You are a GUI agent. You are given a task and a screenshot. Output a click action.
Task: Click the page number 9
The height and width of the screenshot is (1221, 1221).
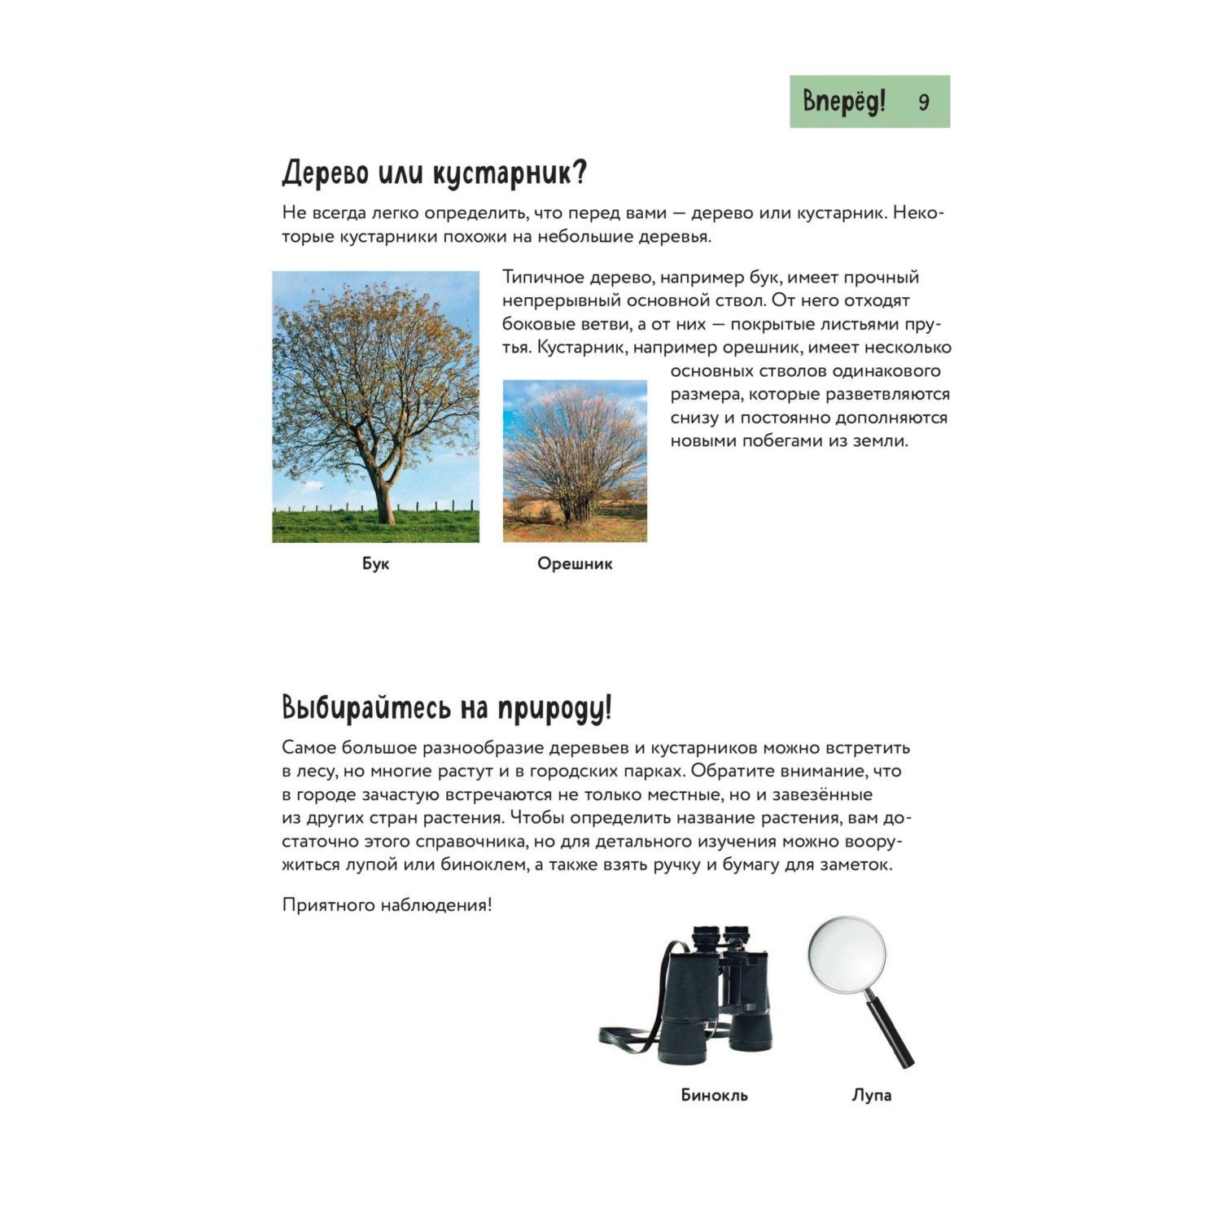[923, 102]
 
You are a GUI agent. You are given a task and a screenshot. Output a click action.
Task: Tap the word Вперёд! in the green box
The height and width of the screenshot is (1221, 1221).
[843, 101]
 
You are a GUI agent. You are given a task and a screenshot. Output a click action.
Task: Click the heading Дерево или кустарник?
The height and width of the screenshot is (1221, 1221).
[434, 173]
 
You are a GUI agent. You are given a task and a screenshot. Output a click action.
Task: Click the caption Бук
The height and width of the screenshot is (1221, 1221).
[375, 563]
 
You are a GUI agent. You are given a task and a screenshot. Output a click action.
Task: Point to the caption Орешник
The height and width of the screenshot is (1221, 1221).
[574, 563]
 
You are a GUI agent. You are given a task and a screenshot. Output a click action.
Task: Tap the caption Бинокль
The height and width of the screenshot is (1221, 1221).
[714, 1095]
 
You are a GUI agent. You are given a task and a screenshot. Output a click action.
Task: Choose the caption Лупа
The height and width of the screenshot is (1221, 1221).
[871, 1095]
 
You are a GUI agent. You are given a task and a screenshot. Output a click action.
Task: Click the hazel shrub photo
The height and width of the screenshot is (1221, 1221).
[575, 461]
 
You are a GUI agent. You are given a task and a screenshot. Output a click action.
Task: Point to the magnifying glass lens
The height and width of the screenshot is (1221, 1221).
[847, 954]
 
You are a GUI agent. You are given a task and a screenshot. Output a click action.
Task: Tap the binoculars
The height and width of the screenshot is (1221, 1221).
[716, 997]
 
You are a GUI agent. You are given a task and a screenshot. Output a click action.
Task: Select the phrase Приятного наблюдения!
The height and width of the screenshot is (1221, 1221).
[387, 905]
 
